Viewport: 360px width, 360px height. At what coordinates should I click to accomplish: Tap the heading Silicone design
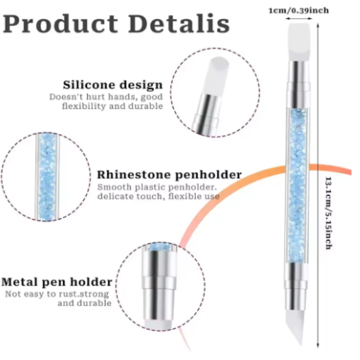click(x=112, y=85)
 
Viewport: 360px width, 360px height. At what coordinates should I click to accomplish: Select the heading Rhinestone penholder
click(x=169, y=175)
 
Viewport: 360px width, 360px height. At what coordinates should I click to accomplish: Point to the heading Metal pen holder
click(x=57, y=282)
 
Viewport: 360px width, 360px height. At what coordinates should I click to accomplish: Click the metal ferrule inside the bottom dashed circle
click(x=157, y=274)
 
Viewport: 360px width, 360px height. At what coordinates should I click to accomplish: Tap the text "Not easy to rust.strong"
click(x=58, y=294)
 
